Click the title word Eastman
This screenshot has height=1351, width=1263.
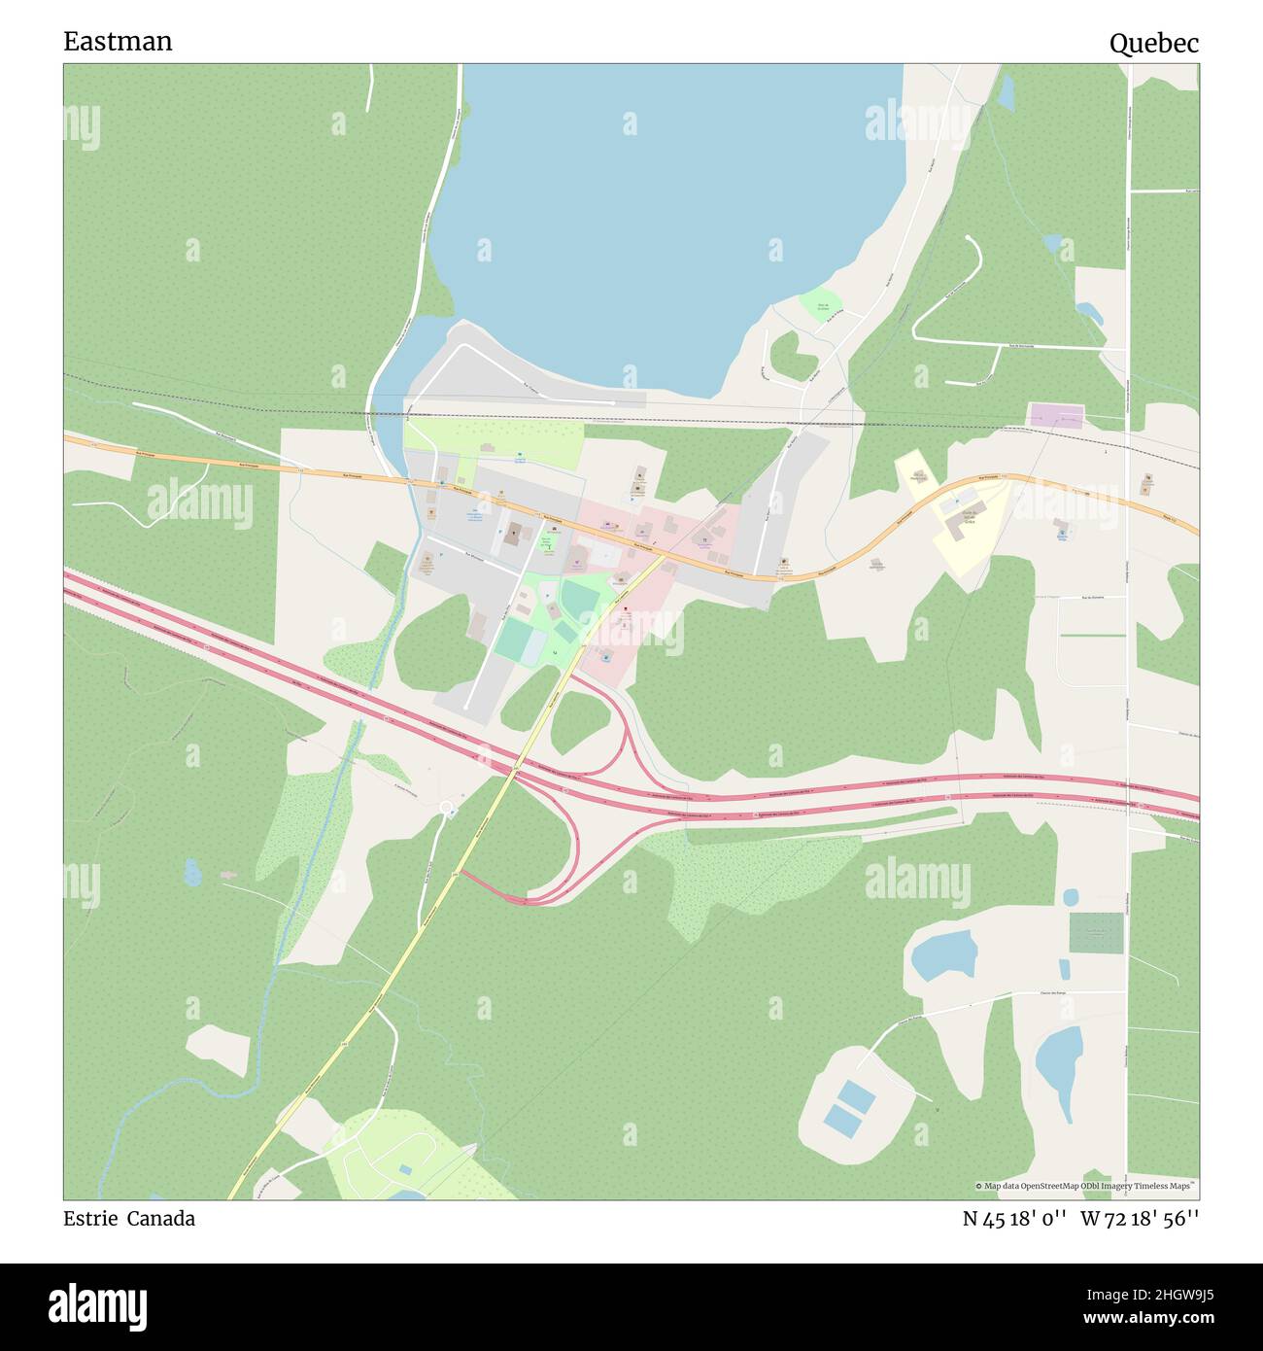click(x=118, y=42)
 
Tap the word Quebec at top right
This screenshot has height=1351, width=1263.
click(x=1153, y=44)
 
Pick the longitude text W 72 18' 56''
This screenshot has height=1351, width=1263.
click(x=1140, y=1219)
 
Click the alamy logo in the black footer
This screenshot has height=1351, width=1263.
click(x=99, y=1306)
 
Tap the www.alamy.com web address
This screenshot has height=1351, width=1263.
click(x=1145, y=1318)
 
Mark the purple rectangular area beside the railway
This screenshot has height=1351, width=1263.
click(x=1056, y=415)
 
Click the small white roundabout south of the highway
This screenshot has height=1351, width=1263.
click(x=447, y=808)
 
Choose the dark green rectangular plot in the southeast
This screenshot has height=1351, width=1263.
click(x=1096, y=933)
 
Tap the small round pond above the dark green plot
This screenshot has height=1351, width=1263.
click(x=1070, y=896)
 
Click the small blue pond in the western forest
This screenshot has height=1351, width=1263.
click(x=192, y=872)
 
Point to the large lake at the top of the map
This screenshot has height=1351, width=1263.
click(x=661, y=214)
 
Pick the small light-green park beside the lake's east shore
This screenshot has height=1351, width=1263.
click(x=821, y=305)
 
